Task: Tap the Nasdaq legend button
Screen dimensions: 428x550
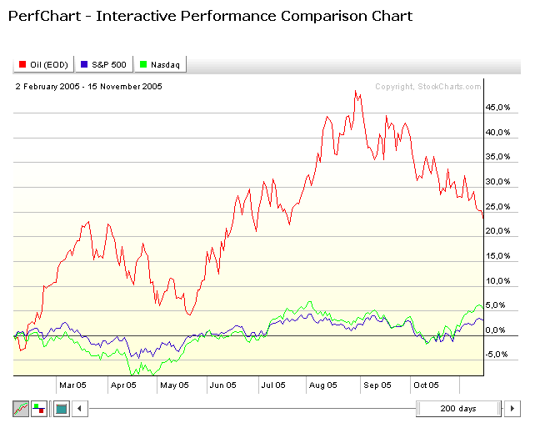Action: click(163, 64)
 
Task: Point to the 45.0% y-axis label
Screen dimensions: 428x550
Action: click(497, 108)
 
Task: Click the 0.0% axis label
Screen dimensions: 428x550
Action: click(498, 330)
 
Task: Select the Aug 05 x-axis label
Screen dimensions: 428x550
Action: click(323, 385)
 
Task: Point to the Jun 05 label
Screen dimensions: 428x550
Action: click(222, 385)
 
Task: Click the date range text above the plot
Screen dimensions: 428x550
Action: click(89, 86)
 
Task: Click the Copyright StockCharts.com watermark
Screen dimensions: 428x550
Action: click(427, 86)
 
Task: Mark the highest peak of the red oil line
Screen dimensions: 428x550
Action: click(356, 91)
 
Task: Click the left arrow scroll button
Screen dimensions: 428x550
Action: click(80, 409)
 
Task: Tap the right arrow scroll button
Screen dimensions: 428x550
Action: click(513, 409)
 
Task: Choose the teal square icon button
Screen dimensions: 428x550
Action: click(61, 409)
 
